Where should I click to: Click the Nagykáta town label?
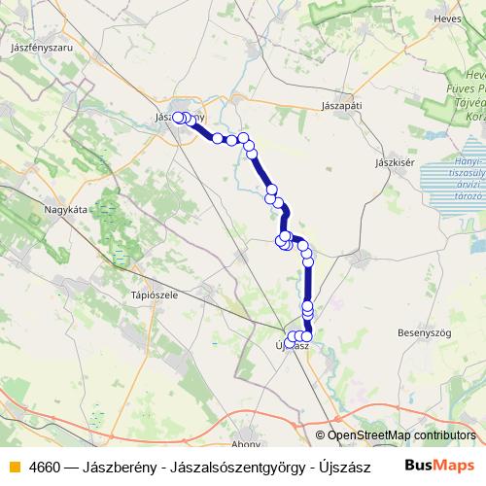[x=66, y=208]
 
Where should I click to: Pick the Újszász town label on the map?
[x=293, y=346]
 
